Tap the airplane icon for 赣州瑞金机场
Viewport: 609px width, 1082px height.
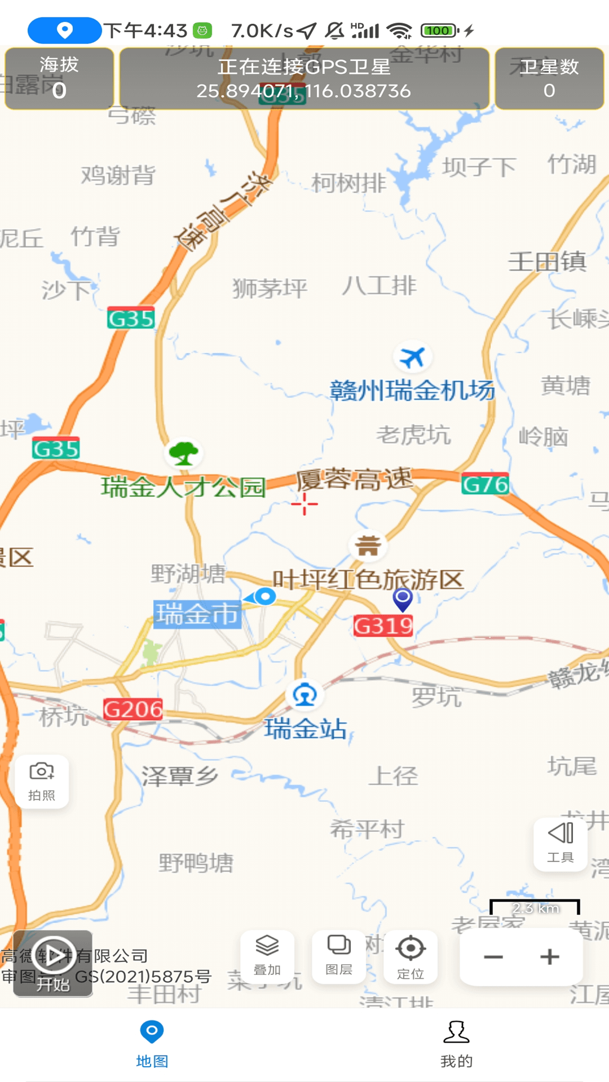tap(412, 357)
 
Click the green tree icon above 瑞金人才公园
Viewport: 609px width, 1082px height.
tap(183, 453)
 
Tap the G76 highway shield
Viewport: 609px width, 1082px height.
tap(485, 484)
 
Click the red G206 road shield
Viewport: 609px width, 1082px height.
tap(133, 709)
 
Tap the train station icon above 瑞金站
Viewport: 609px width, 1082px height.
tap(304, 695)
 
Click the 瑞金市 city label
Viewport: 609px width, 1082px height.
tap(197, 614)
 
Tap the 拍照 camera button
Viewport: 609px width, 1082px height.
tap(42, 781)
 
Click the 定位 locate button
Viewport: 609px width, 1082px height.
tap(411, 956)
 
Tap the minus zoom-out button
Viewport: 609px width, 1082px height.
tap(493, 957)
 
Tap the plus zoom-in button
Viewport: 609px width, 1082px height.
tap(550, 957)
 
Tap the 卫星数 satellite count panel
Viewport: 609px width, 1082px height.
tap(549, 79)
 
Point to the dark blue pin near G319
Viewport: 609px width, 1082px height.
tap(403, 599)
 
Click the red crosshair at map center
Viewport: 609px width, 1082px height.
tap(304, 504)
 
